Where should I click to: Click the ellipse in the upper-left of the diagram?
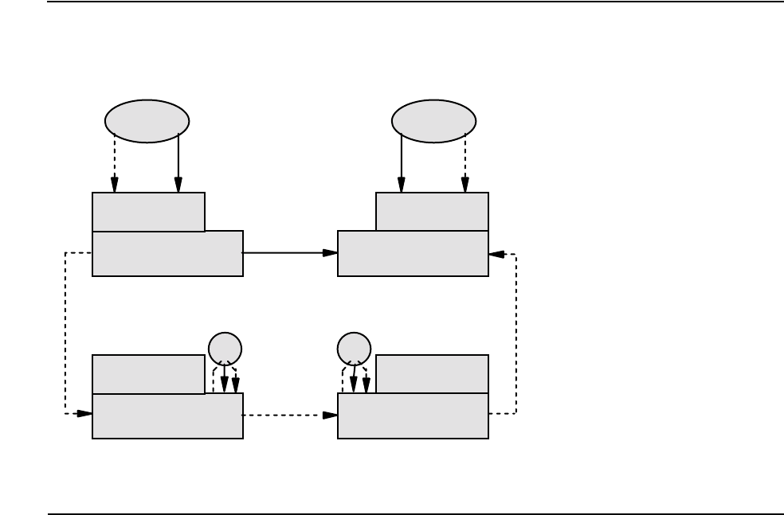147,121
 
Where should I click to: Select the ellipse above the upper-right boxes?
434,121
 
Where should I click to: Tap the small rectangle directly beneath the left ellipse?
148,212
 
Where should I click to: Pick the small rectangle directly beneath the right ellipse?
432,212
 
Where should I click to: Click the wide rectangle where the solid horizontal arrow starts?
167,254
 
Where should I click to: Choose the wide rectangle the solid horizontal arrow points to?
413,254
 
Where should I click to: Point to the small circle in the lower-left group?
224,349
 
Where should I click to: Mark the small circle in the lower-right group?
354,349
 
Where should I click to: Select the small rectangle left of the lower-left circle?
148,374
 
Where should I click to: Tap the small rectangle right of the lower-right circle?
432,374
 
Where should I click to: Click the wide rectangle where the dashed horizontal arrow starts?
167,416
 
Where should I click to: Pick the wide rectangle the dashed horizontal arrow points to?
413,416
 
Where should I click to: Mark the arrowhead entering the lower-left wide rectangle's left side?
84,413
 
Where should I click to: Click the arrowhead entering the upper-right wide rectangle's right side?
496,254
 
